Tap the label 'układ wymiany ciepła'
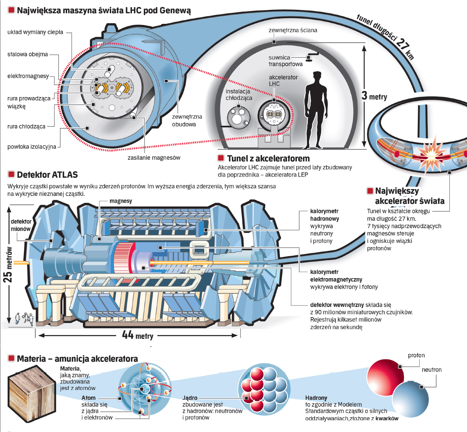tap(35, 32)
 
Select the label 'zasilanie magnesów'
tap(154, 158)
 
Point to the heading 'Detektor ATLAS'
tap(47, 175)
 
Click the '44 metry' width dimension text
tap(138, 335)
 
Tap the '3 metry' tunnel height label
tap(374, 96)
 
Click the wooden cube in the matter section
tap(32, 393)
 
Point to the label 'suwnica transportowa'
tap(285, 61)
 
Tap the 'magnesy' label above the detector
tap(121, 201)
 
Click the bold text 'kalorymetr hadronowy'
tap(324, 215)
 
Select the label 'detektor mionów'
tap(21, 225)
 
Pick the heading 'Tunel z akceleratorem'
tap(268, 158)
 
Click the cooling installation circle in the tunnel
tap(239, 118)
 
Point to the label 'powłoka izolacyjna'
tap(32, 147)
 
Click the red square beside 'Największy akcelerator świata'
tap(370, 191)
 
